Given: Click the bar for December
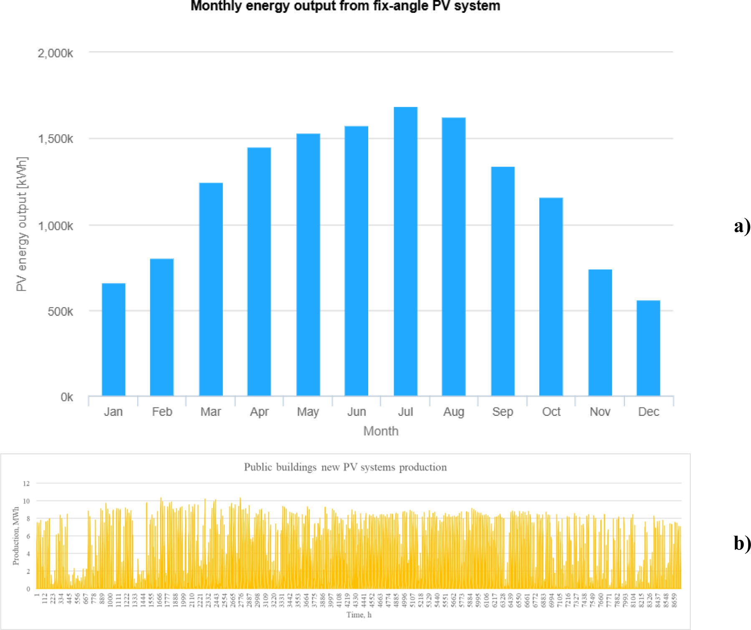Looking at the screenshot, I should pos(648,348).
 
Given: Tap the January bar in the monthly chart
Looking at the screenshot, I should pos(114,339).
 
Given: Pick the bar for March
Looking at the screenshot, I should pos(211,289).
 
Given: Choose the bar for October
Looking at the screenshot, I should pos(551,296).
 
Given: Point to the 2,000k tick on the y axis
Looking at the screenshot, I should pos(55,53).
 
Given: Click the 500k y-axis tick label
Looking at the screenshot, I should pos(60,311).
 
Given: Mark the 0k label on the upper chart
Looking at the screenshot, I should pos(66,397).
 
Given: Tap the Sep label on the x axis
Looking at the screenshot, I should pos(502,412).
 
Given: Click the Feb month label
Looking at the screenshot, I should pos(162,412).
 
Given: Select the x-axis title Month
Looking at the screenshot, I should pos(381,431).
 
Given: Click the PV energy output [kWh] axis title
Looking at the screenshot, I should pos(22,224).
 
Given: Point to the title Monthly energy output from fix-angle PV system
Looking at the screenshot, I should pos(345,6).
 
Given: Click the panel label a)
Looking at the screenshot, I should pos(742,226).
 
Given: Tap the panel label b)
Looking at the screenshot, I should pos(742,543).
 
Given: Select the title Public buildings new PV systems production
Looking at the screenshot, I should pos(345,467).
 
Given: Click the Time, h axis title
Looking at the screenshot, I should pos(359,615).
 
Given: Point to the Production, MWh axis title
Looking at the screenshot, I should pos(16,536).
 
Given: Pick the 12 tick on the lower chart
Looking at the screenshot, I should pos(26,483).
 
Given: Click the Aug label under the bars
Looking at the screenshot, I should pos(453,412).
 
